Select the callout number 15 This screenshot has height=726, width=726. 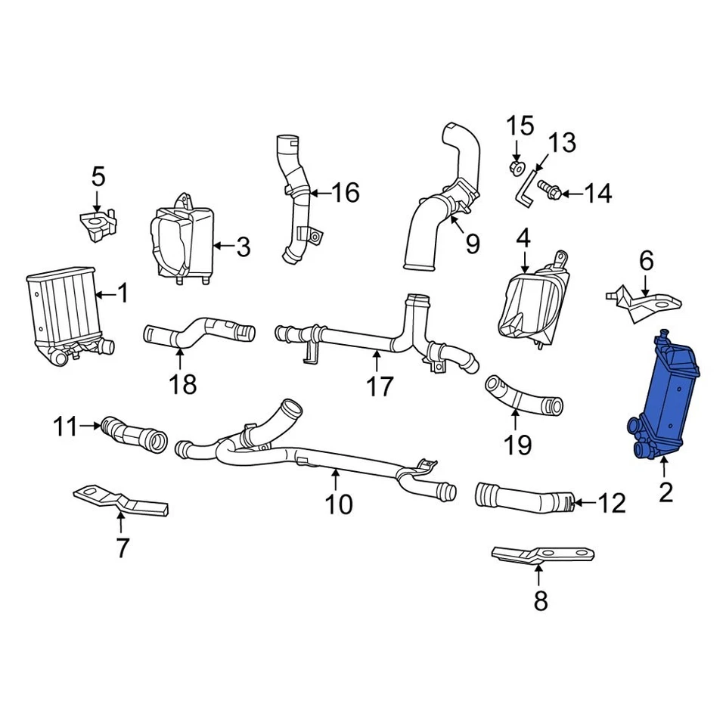tap(520, 126)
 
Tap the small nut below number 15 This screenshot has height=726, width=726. tap(516, 167)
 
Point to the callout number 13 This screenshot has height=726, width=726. tap(561, 143)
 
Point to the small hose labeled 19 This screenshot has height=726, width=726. tap(522, 394)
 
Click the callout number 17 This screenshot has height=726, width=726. tap(380, 386)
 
